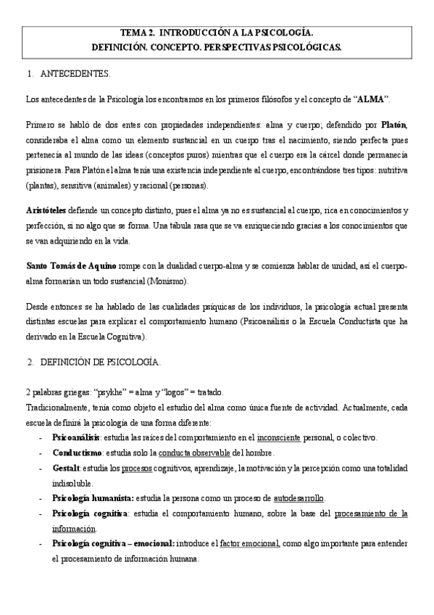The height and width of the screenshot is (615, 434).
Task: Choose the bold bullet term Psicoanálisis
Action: tap(76, 437)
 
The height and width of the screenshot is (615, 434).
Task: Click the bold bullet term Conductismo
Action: tap(75, 453)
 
